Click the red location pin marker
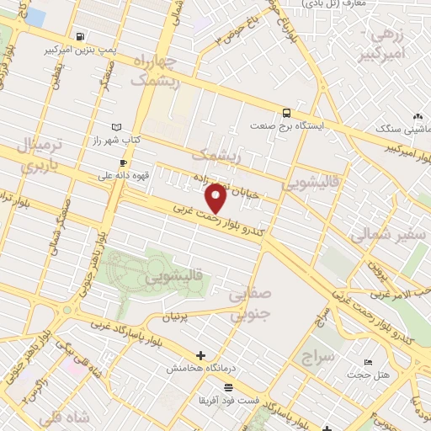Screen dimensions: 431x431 click(x=216, y=197)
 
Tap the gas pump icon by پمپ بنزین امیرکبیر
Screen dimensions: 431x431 click(x=80, y=36)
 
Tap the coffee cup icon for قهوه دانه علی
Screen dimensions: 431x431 click(x=124, y=162)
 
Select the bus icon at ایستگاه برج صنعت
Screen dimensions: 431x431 click(x=287, y=112)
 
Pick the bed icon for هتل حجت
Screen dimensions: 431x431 click(x=370, y=361)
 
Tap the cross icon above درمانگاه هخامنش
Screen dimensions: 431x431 click(x=200, y=355)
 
